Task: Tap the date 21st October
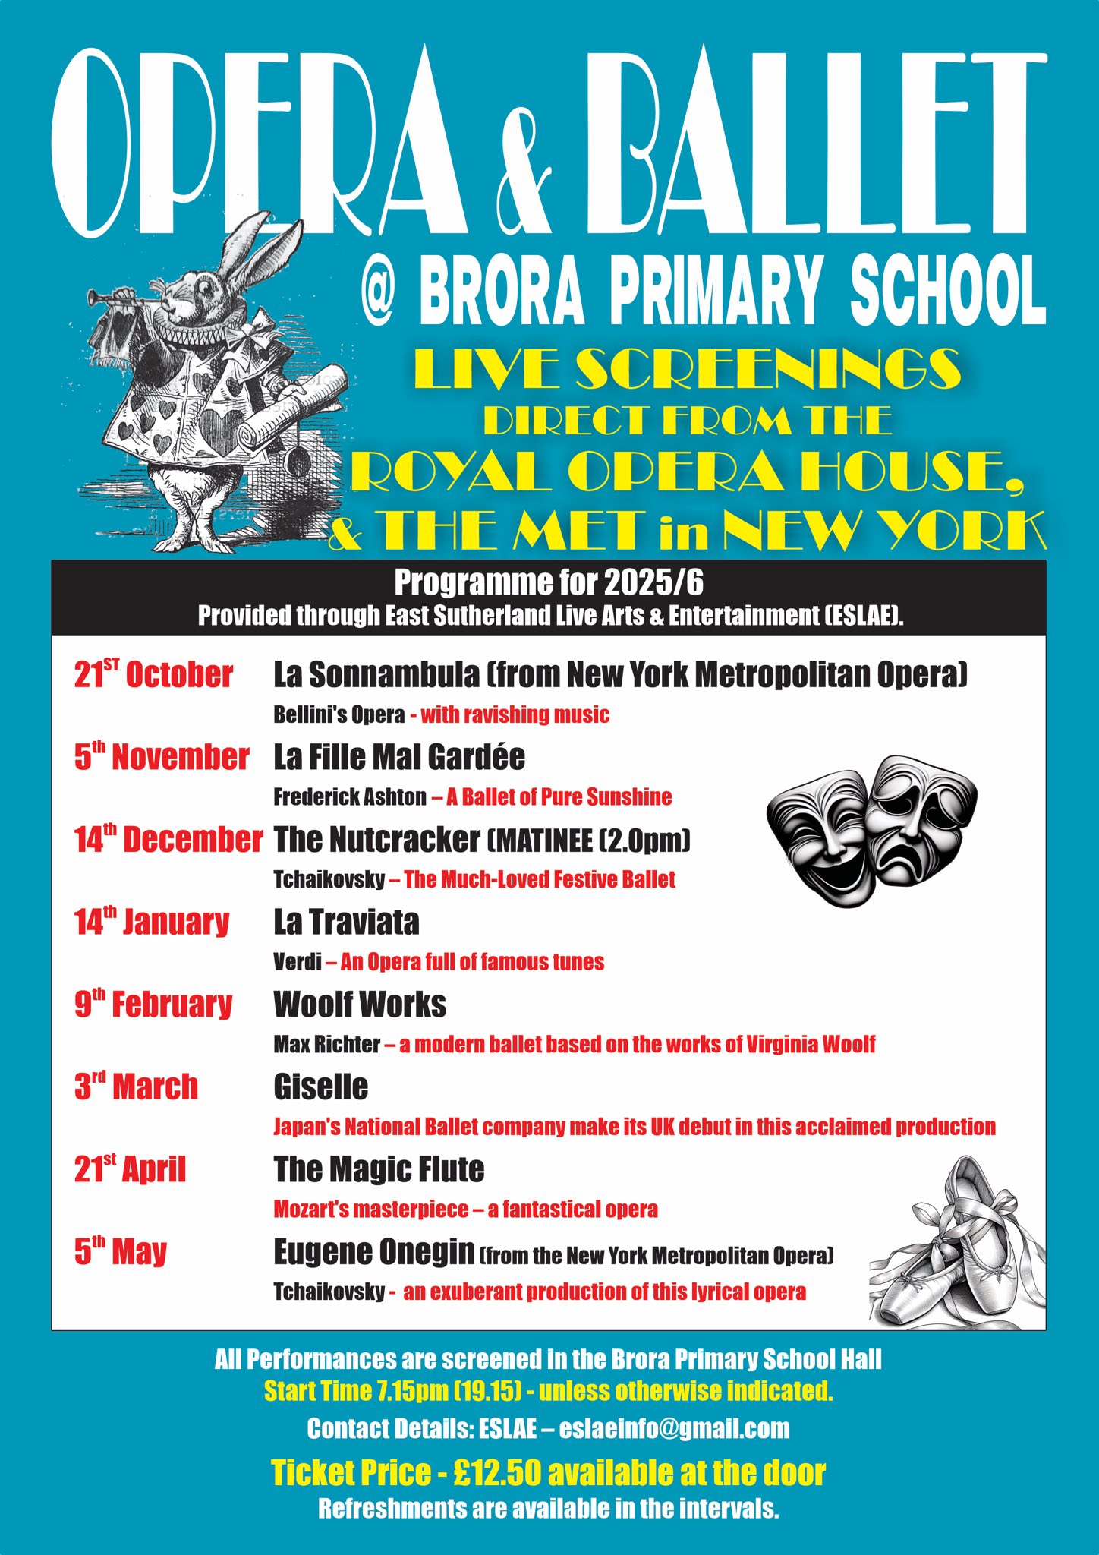[x=153, y=674]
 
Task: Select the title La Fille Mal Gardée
[x=399, y=757]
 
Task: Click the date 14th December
[x=168, y=840]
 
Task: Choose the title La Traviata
[x=346, y=922]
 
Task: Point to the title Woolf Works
[x=360, y=1005]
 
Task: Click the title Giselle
[x=320, y=1087]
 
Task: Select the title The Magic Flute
[x=379, y=1169]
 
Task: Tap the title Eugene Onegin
[x=374, y=1252]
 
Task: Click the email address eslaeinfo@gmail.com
[x=674, y=1428]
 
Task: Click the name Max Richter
[x=326, y=1045]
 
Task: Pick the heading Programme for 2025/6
[x=549, y=583]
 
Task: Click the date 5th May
[x=120, y=1252]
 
